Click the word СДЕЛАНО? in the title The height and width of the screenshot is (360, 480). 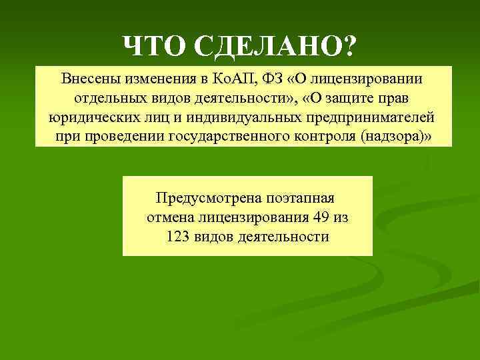click(x=275, y=46)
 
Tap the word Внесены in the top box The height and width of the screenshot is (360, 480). click(x=88, y=78)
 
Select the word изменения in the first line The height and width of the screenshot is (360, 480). click(x=159, y=78)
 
